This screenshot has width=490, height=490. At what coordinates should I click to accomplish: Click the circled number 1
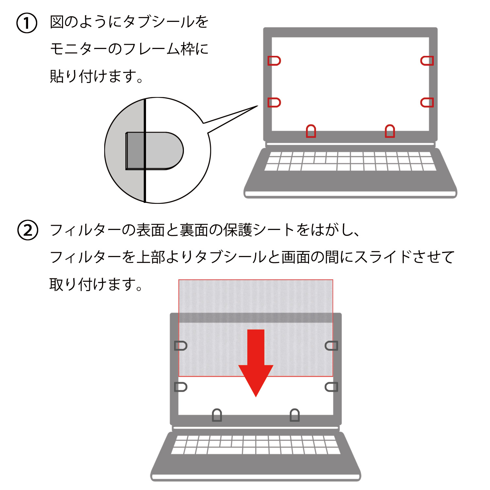27,23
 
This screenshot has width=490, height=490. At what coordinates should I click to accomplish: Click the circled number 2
27,230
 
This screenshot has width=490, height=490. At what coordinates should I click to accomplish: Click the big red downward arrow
256,363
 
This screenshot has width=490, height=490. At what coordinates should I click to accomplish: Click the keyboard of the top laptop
350,161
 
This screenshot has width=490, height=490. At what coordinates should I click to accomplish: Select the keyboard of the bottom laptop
256,445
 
